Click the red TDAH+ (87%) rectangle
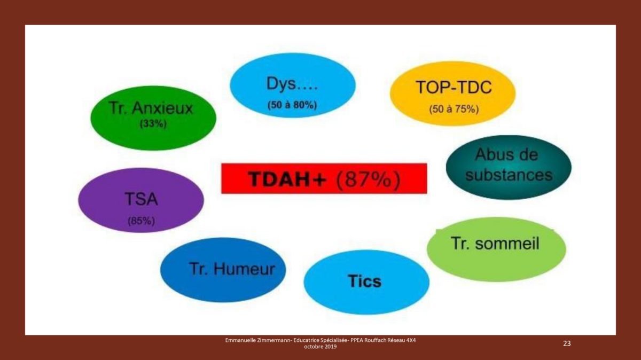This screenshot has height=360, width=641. (324, 178)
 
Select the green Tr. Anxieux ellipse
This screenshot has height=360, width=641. (153, 118)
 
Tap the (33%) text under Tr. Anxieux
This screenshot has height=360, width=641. (153, 124)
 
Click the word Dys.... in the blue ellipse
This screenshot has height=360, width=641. (292, 84)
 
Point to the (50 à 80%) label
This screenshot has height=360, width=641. (292, 105)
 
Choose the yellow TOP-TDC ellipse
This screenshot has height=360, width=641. (453, 93)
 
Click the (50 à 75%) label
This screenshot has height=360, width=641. (454, 109)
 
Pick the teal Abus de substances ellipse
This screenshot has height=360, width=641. (509, 167)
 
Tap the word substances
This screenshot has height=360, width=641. (509, 175)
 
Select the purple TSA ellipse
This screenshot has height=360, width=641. (141, 200)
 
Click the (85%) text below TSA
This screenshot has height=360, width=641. (142, 221)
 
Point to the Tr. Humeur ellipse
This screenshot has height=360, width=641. (223, 270)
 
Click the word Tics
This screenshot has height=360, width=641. (365, 281)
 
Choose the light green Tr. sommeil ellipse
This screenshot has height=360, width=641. (496, 249)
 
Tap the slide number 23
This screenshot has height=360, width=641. (567, 343)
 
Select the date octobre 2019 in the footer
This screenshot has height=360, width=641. (320, 347)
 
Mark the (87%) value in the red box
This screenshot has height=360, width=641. (368, 179)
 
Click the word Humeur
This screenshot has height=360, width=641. (244, 269)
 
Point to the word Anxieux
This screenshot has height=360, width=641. (162, 108)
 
